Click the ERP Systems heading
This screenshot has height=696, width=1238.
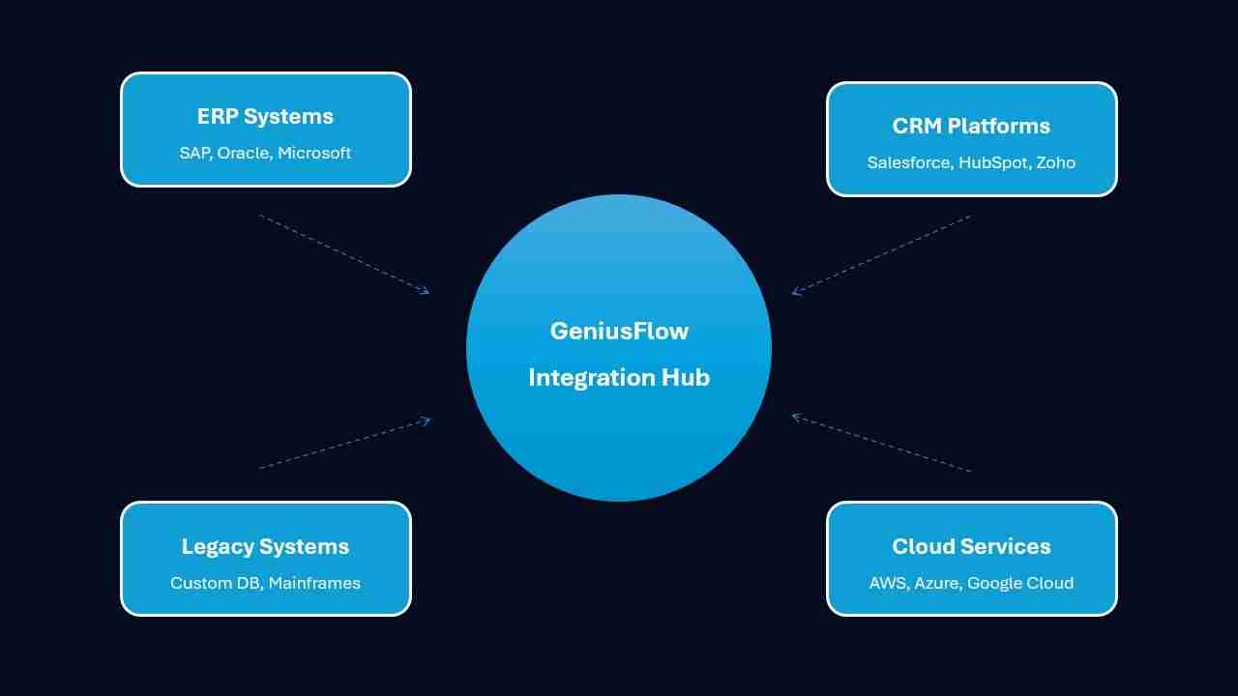point(265,117)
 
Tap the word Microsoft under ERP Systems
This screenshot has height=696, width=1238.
point(314,153)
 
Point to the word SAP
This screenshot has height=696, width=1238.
point(193,153)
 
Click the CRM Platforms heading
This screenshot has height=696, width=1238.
point(971,127)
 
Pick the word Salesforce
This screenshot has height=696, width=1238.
point(908,162)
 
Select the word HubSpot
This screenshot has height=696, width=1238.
point(992,162)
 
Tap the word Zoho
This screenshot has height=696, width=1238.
point(1055,162)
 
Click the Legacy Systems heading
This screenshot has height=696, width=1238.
point(265,547)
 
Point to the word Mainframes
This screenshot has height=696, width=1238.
point(314,583)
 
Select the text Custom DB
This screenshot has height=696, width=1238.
point(215,583)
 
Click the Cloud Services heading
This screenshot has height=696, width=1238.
point(971,547)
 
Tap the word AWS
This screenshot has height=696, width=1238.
point(887,583)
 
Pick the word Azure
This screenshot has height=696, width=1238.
point(935,583)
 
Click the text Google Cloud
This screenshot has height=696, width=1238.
point(1020,583)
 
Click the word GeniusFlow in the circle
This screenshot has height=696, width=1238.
point(619,332)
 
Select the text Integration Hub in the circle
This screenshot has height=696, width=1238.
point(619,377)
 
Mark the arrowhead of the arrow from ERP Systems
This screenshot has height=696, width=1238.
point(426,290)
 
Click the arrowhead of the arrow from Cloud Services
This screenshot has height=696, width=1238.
point(795,417)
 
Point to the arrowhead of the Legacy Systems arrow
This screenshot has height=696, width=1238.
point(427,420)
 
